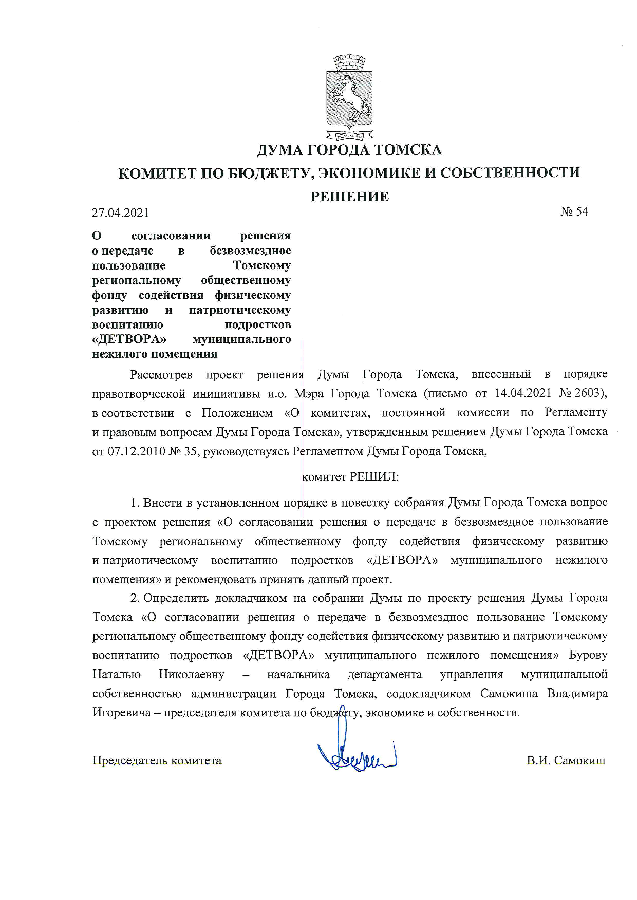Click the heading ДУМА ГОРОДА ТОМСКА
coord(349,150)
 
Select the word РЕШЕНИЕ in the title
coord(349,197)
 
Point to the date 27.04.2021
coord(120,213)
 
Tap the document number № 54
coord(574,212)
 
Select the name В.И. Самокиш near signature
coord(566,761)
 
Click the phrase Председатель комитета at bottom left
coord(157,761)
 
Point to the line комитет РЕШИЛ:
coord(350,477)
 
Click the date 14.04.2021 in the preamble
coord(523,394)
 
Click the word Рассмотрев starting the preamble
coord(161,375)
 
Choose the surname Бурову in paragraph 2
coord(588,656)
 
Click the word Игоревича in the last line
coord(121,713)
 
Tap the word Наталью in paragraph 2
coord(117,675)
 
